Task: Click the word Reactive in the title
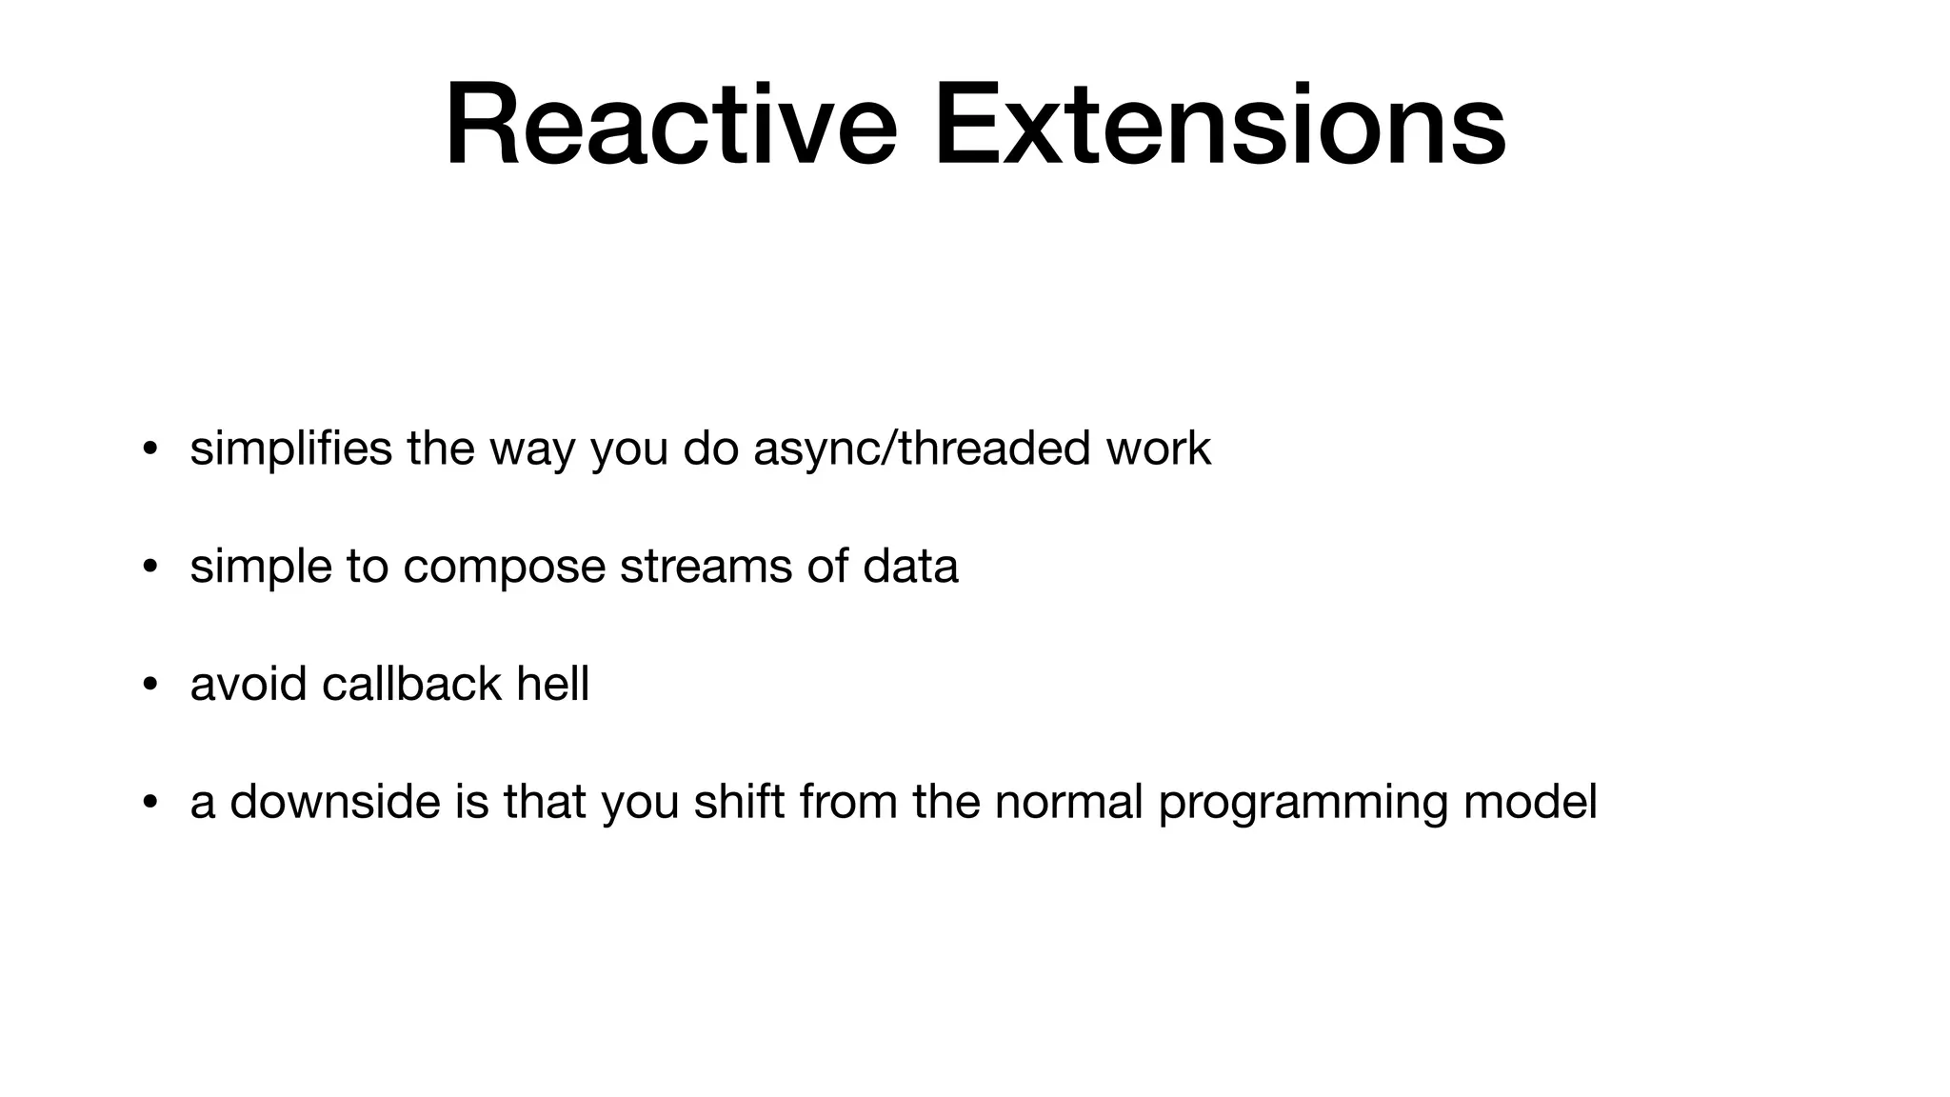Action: (x=670, y=126)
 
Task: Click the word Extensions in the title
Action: (x=1219, y=126)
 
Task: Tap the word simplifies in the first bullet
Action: (x=290, y=449)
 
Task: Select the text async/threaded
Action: (x=921, y=449)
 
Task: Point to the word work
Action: (x=1158, y=449)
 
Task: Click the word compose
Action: (x=504, y=567)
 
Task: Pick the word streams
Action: (x=706, y=567)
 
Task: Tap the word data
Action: (x=910, y=567)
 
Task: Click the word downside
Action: (x=334, y=802)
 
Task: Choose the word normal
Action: (x=1067, y=802)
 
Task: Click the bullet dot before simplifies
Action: (x=149, y=449)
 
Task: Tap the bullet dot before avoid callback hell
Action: (x=149, y=686)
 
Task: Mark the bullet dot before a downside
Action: (x=149, y=803)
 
